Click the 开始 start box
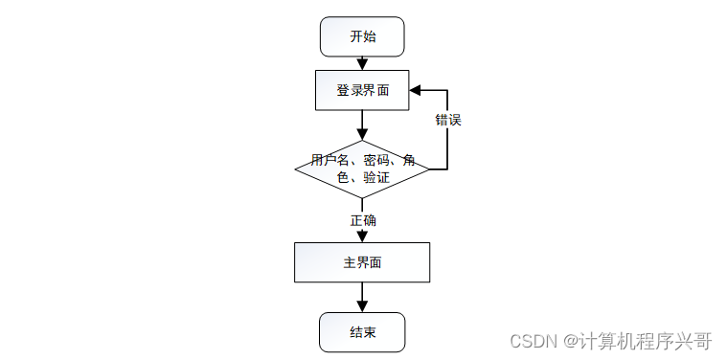[x=362, y=36]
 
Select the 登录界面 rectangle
[x=362, y=90]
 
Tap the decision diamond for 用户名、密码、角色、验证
[x=362, y=169]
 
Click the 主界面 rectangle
[x=362, y=262]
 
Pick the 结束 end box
[x=362, y=332]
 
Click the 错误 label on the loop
[x=448, y=120]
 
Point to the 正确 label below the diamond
[x=363, y=220]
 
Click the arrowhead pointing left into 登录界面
[x=415, y=90]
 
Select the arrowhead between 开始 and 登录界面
[x=362, y=64]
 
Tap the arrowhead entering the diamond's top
[x=362, y=134]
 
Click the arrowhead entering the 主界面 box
[x=362, y=236]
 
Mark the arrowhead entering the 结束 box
[x=362, y=306]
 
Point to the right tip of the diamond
[x=429, y=169]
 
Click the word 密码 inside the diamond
[x=375, y=161]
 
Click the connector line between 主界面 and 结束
[x=362, y=292]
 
